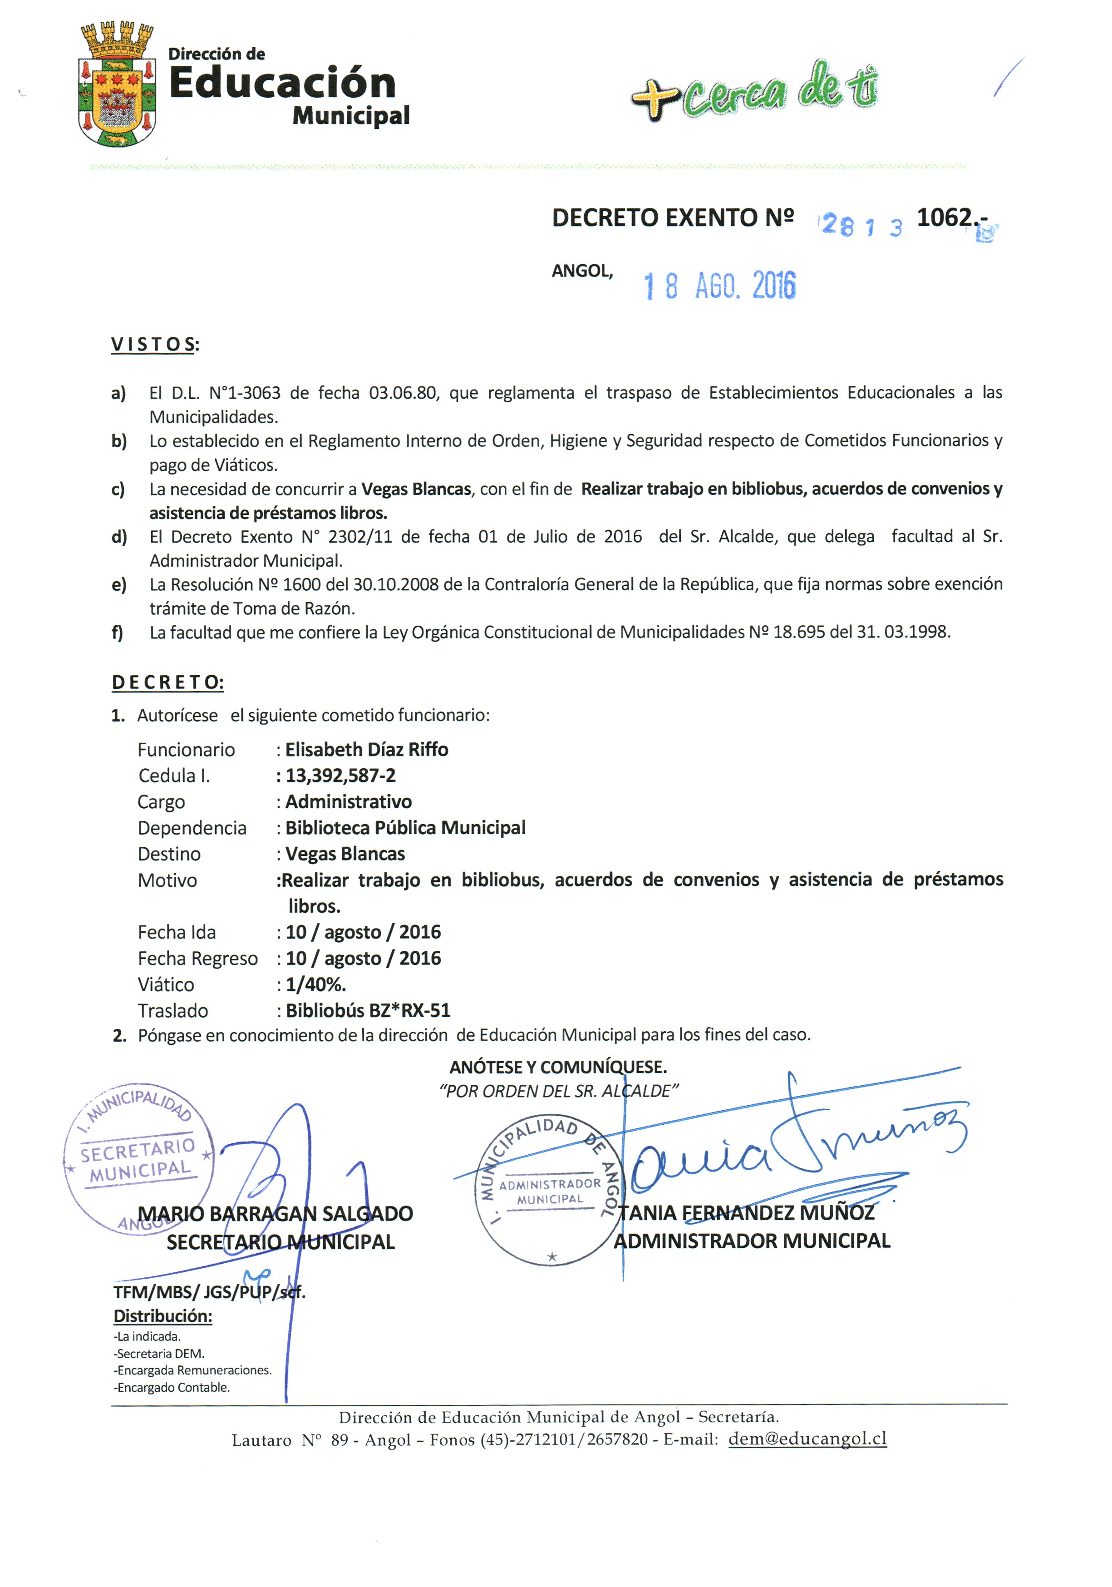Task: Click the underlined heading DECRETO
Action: click(167, 683)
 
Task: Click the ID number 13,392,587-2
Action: click(341, 776)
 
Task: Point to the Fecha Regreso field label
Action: click(197, 959)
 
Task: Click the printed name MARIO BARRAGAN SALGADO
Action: click(275, 1214)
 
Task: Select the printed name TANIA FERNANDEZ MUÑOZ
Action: click(746, 1213)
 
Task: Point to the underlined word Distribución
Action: click(162, 1316)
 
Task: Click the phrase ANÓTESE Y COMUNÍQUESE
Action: click(558, 1067)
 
